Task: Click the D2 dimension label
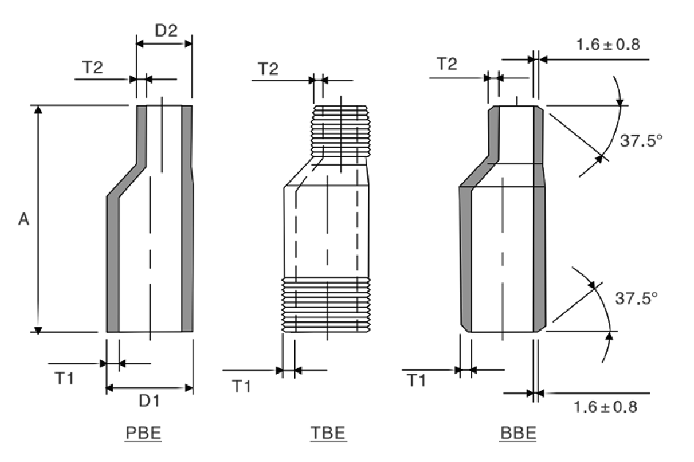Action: [x=166, y=30]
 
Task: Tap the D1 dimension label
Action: [x=149, y=401]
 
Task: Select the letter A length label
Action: [x=23, y=219]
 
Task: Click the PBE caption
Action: [x=144, y=433]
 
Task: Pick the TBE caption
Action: [x=328, y=433]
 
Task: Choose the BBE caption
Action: [x=518, y=433]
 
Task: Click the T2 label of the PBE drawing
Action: [x=92, y=67]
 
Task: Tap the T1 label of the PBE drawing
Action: [x=64, y=378]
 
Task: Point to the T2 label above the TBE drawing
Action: [x=268, y=69]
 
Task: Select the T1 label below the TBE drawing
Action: [x=242, y=386]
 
